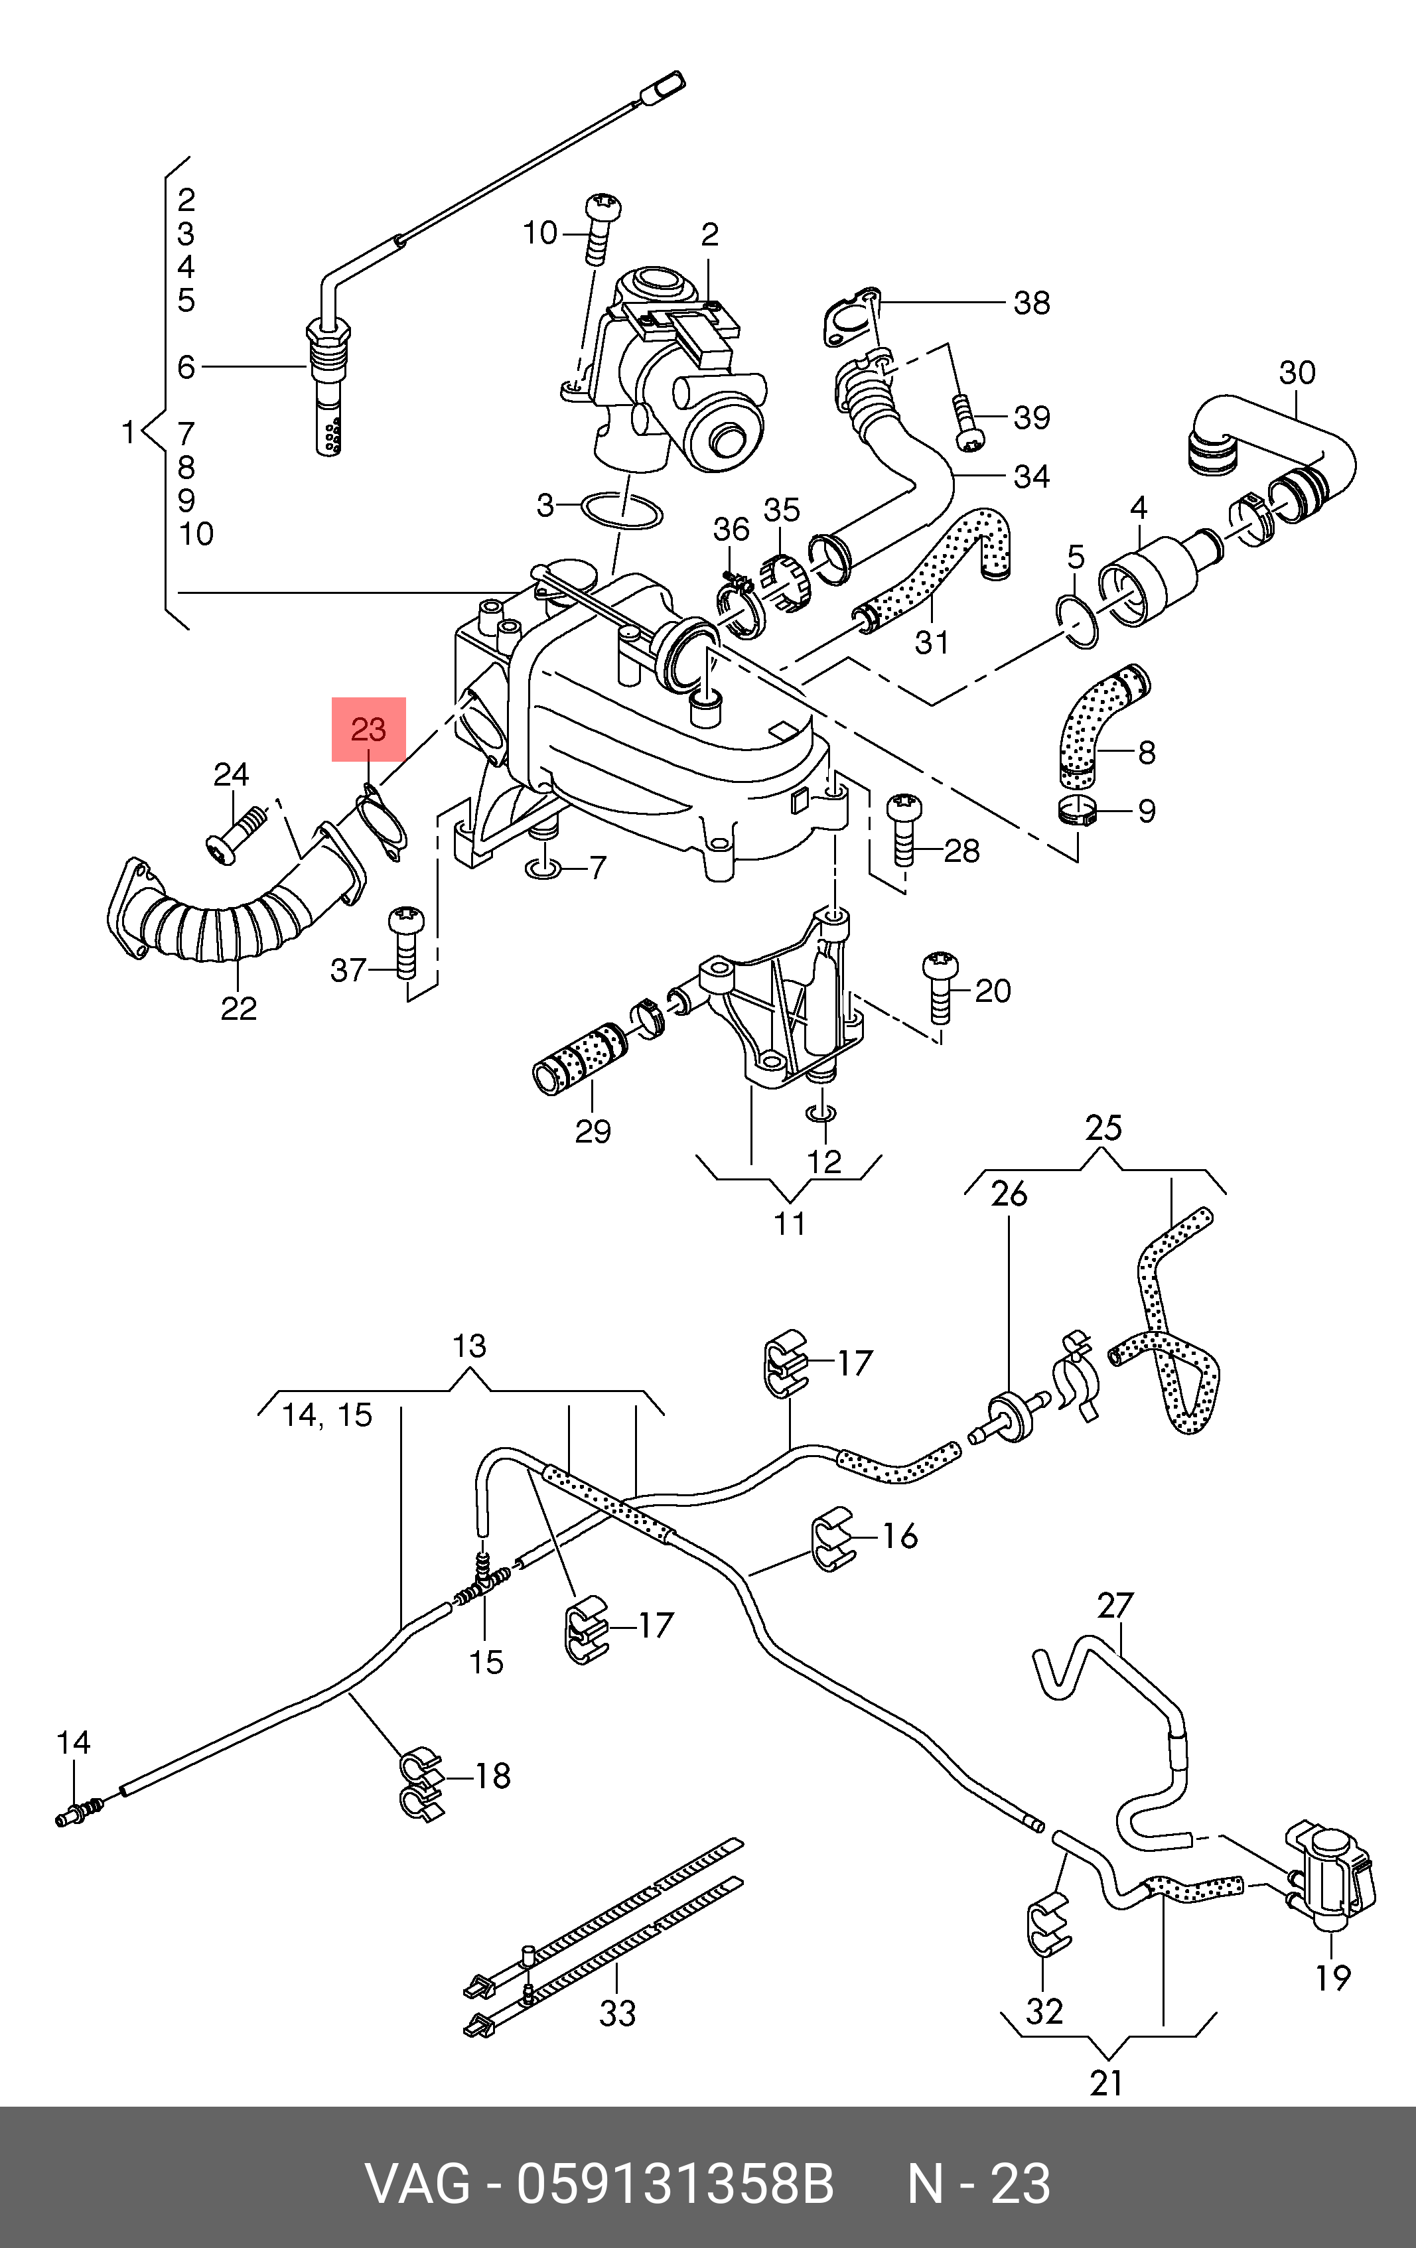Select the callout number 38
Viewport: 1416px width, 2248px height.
coord(1031,303)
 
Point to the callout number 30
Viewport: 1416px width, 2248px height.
coord(1297,372)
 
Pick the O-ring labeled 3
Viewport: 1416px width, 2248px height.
coord(622,511)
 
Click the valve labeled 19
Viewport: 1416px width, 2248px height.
coord(1330,1870)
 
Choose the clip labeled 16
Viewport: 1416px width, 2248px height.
coord(833,1539)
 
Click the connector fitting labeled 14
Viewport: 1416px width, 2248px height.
coord(80,1811)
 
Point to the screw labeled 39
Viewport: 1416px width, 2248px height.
coord(967,423)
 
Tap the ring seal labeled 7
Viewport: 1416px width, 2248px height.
coord(543,871)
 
